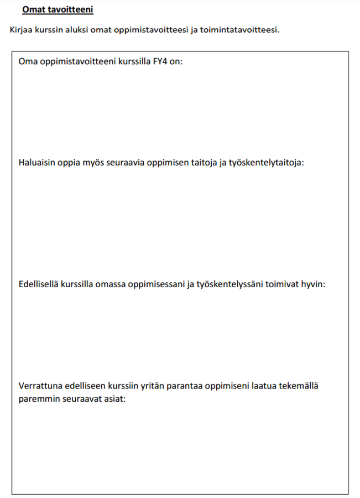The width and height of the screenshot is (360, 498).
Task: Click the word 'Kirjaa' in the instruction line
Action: point(21,29)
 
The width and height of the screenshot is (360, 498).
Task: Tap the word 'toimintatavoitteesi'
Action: point(242,29)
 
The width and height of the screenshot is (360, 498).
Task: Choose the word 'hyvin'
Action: point(313,284)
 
